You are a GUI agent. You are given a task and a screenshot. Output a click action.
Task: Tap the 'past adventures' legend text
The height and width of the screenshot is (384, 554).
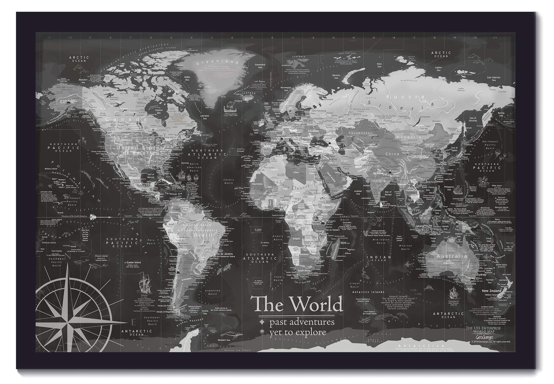click(302, 322)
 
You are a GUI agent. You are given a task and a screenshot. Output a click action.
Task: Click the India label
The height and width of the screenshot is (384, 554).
click(379, 181)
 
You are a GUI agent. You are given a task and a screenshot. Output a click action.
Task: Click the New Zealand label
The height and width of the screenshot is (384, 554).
click(491, 291)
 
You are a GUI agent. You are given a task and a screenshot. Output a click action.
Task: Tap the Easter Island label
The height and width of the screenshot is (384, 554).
click(134, 262)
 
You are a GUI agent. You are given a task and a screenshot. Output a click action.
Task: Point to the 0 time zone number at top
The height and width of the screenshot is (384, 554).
click(272, 37)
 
